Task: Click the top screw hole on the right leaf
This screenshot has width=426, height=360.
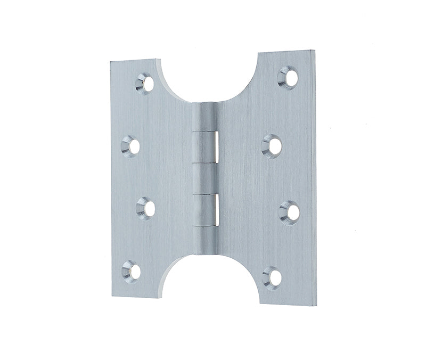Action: (289, 78)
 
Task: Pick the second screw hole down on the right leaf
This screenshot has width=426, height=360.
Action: (273, 146)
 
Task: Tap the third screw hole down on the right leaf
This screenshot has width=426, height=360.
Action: (290, 211)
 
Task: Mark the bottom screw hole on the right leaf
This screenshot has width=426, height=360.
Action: (273, 277)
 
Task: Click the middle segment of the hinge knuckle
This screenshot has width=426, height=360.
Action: (206, 178)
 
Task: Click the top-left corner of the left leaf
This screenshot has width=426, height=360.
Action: (111, 63)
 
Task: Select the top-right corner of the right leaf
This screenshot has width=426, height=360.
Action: (314, 51)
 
